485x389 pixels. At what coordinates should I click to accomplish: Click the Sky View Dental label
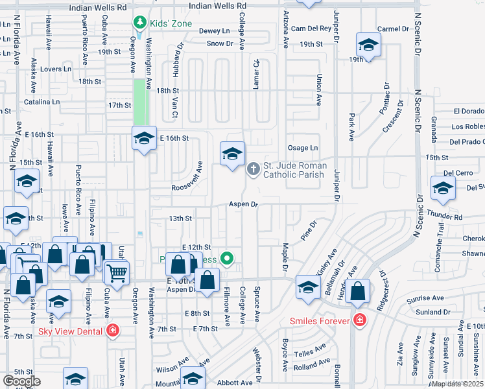pyautogui.click(x=71, y=331)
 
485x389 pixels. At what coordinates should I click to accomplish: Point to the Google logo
pyautogui.click(x=21, y=381)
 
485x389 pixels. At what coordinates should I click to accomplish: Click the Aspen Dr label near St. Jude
pyautogui.click(x=243, y=204)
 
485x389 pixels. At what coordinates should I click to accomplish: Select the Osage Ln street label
pyautogui.click(x=303, y=148)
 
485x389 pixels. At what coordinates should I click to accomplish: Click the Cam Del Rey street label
pyautogui.click(x=311, y=29)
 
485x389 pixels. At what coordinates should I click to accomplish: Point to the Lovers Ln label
pyautogui.click(x=55, y=69)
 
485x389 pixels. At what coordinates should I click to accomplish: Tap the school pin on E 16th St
pyautogui.click(x=144, y=137)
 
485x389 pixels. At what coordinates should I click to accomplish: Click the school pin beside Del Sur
pyautogui.click(x=443, y=189)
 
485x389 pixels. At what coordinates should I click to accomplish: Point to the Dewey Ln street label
pyautogui.click(x=214, y=30)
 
